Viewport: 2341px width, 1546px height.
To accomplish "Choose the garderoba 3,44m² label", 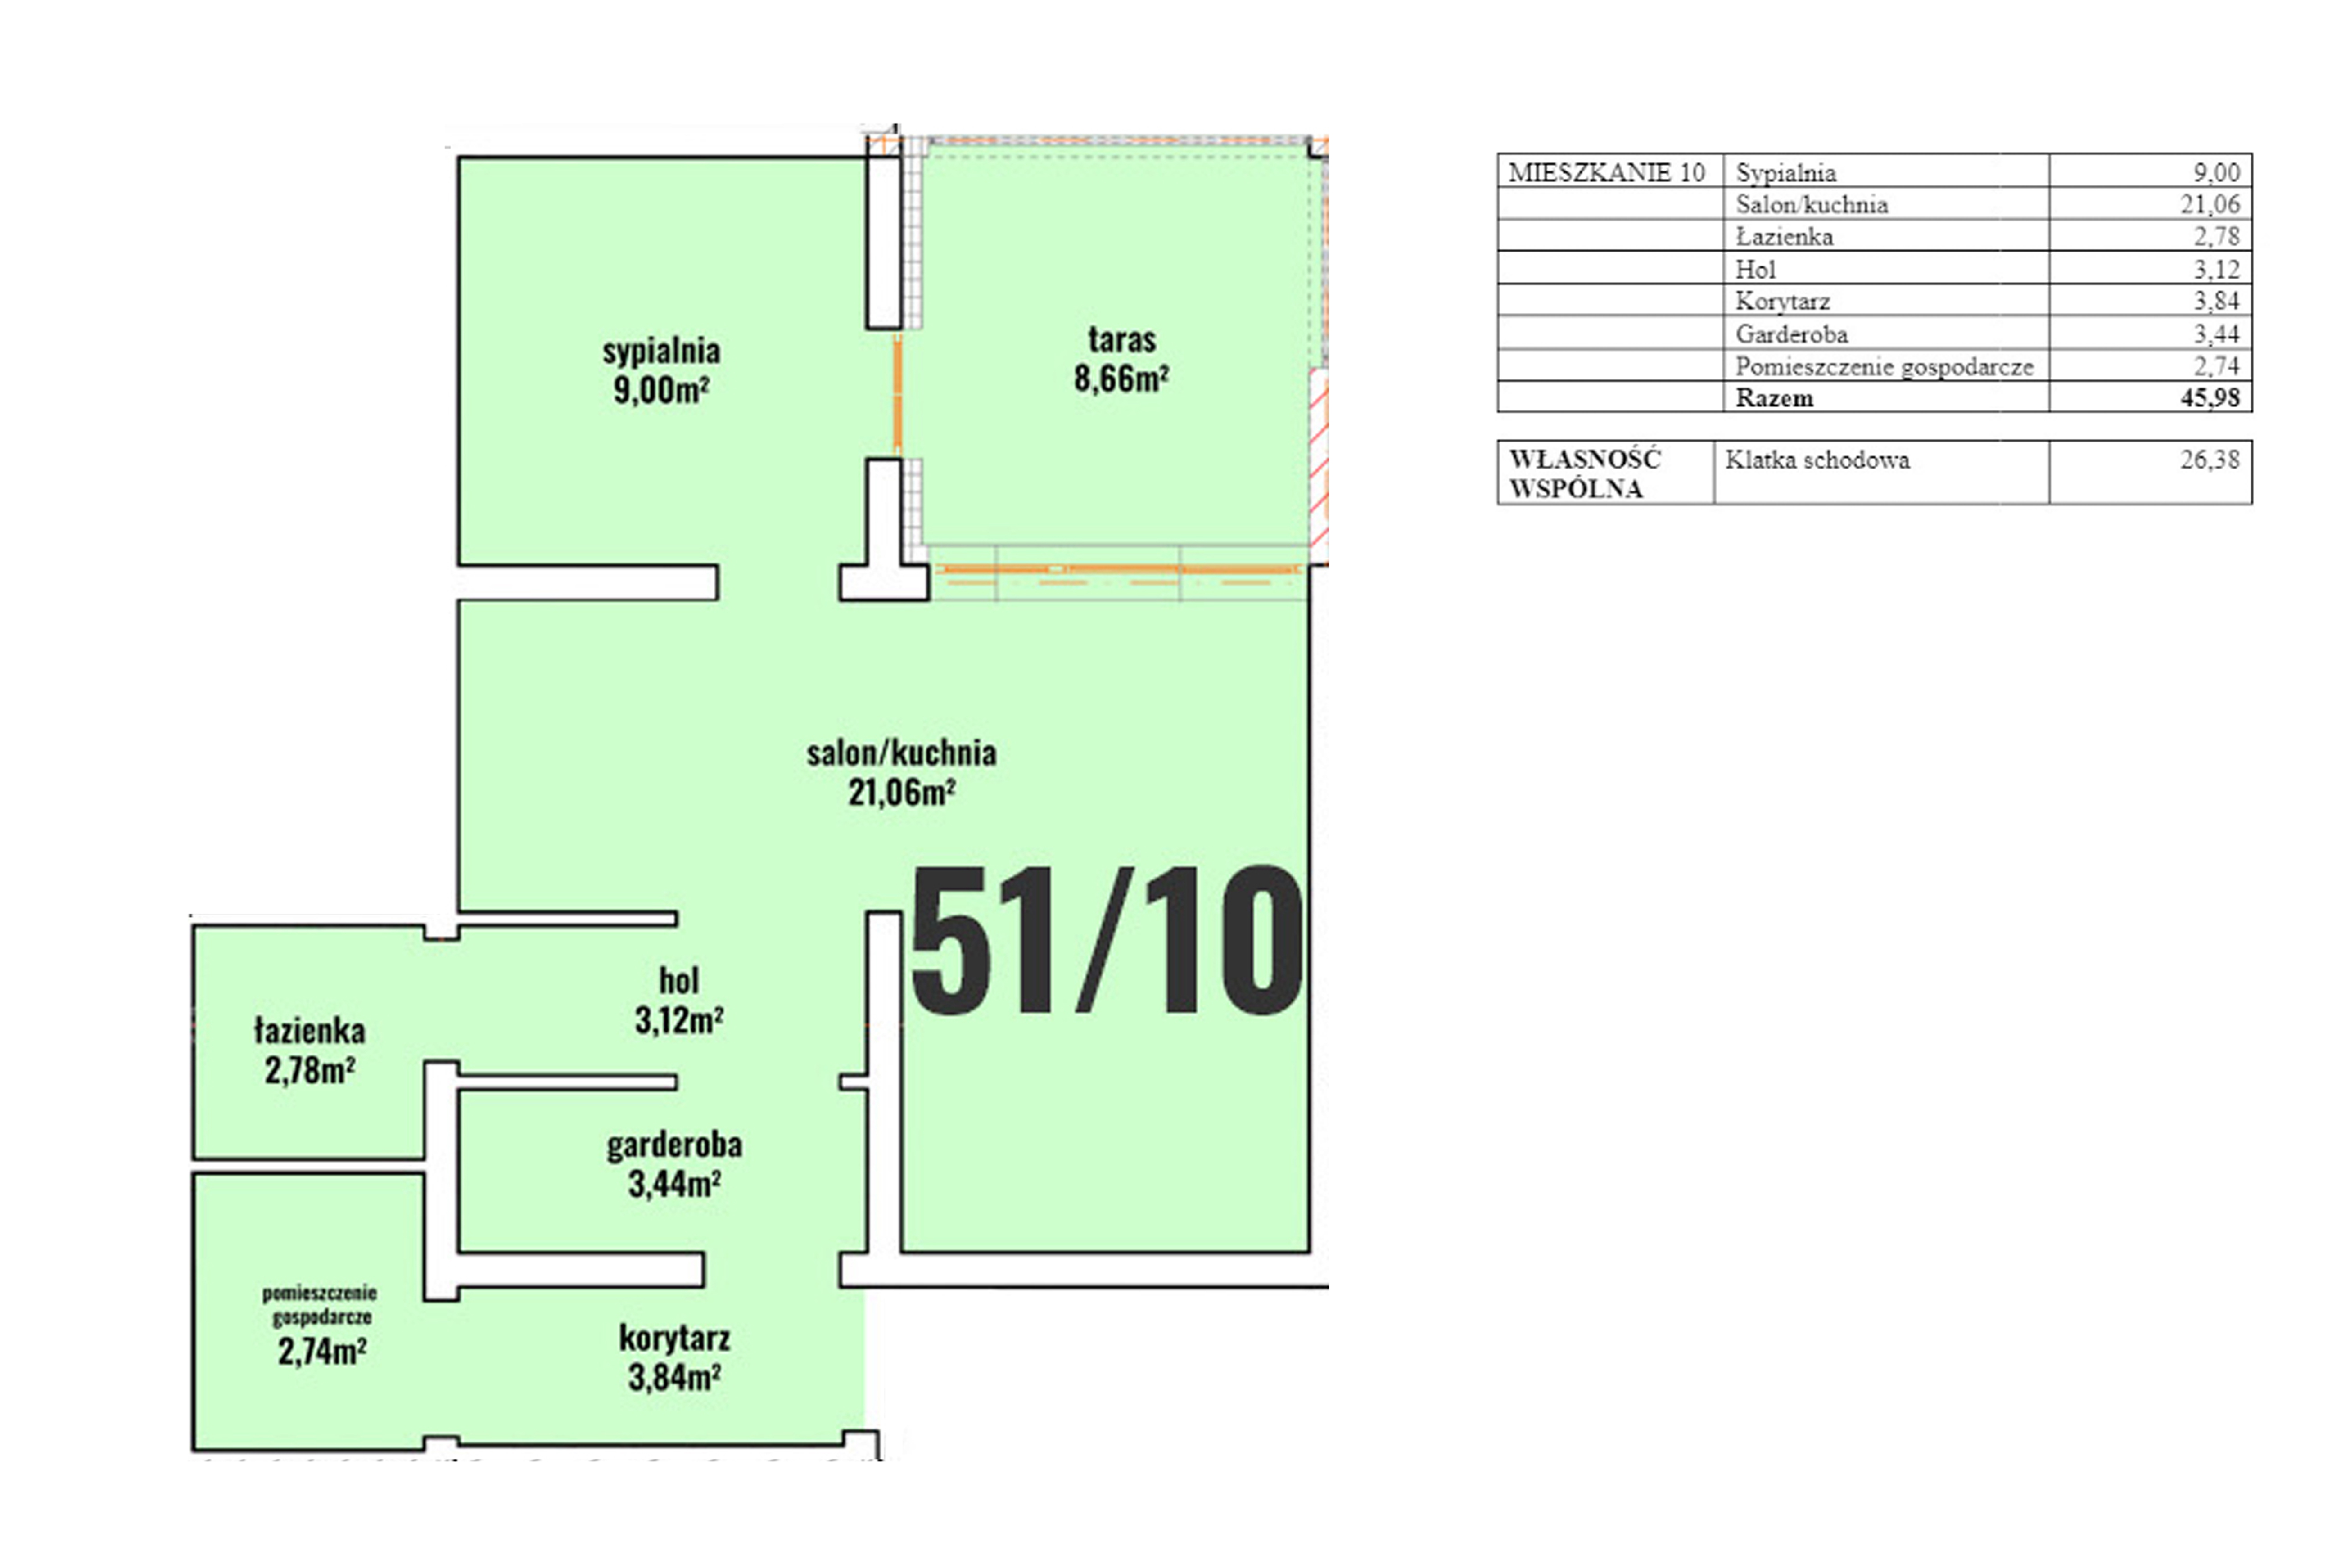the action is pos(674,1164).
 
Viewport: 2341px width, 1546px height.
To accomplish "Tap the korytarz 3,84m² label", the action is pos(674,1358).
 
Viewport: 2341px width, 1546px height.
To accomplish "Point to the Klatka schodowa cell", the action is pos(1817,460).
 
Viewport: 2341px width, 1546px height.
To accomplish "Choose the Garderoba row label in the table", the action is pos(1792,334).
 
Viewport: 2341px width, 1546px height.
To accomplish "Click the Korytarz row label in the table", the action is pos(1783,302).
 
